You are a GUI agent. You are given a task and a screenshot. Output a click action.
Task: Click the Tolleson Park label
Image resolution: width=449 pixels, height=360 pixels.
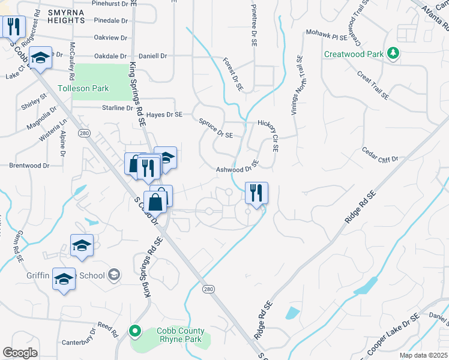tap(83, 88)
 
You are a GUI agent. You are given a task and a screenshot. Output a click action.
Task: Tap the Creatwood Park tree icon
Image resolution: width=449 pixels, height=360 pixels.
tap(393, 54)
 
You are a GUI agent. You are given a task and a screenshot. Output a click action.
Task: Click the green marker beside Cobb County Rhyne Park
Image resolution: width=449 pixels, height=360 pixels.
tap(135, 330)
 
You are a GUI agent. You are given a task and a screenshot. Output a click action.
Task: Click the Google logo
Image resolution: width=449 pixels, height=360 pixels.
tap(20, 353)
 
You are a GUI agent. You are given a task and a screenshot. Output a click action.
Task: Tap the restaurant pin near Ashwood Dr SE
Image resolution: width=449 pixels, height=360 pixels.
tap(256, 193)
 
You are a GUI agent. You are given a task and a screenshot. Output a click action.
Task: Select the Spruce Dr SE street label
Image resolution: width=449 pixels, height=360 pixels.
tap(215, 128)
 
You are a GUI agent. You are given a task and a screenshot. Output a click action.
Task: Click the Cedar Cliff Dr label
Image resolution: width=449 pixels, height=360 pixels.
tap(380, 155)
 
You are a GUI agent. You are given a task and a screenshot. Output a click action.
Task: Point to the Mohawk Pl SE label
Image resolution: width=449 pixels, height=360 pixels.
tap(327, 34)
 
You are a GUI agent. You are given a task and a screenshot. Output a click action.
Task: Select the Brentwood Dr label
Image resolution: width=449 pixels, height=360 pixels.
tap(29, 165)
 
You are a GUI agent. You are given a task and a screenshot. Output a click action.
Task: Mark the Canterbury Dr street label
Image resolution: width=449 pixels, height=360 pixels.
tap(78, 338)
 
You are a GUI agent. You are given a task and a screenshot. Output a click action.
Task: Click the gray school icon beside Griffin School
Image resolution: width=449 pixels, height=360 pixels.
tap(113, 275)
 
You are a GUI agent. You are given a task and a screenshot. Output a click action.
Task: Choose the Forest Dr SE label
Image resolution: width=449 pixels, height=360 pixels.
tap(232, 74)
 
